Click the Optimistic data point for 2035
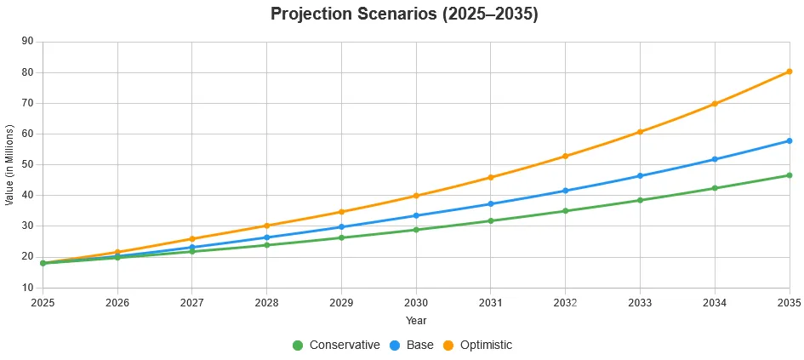pyautogui.click(x=790, y=71)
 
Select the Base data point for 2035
pyautogui.click(x=790, y=140)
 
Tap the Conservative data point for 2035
pyautogui.click(x=790, y=175)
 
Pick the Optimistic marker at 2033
pyautogui.click(x=640, y=132)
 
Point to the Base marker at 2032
pyautogui.click(x=566, y=191)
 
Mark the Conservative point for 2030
pyautogui.click(x=416, y=230)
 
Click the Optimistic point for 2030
pyautogui.click(x=416, y=196)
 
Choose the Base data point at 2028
pyautogui.click(x=266, y=237)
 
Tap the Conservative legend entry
pyautogui.click(x=336, y=345)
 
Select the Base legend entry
pyautogui.click(x=411, y=345)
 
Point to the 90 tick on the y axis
pyautogui.click(x=27, y=41)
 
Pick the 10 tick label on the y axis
pyautogui.click(x=27, y=288)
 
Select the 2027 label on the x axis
pyautogui.click(x=192, y=302)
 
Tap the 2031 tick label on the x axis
pyautogui.click(x=491, y=302)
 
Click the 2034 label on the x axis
pyautogui.click(x=715, y=302)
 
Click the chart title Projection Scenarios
pyautogui.click(x=404, y=14)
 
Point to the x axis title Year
pyautogui.click(x=416, y=321)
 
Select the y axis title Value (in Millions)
pyautogui.click(x=9, y=164)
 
